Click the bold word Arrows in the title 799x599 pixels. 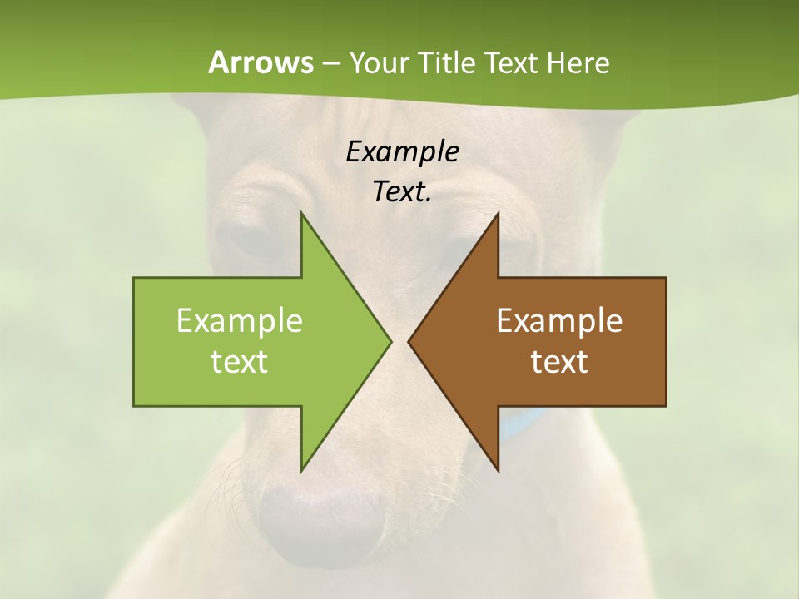pyautogui.click(x=260, y=62)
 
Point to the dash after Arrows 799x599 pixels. pyautogui.click(x=330, y=63)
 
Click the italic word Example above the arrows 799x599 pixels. pyautogui.click(x=403, y=152)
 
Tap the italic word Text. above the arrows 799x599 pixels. pyautogui.click(x=403, y=192)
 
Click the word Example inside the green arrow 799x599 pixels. pyautogui.click(x=240, y=321)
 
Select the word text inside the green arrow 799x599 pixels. pyautogui.click(x=240, y=362)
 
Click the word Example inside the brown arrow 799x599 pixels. pyautogui.click(x=559, y=321)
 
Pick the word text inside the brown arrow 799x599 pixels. pyautogui.click(x=559, y=362)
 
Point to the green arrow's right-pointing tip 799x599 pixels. pyautogui.click(x=390, y=341)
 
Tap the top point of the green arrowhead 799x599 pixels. pyautogui.click(x=302, y=215)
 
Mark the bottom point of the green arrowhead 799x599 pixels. pyautogui.click(x=302, y=470)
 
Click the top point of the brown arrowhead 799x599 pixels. pyautogui.click(x=497, y=215)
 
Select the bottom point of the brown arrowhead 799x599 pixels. pyautogui.click(x=497, y=470)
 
